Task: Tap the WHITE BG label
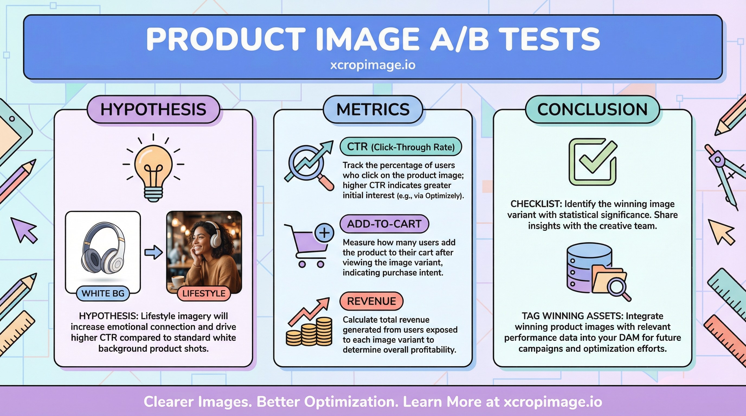click(x=103, y=293)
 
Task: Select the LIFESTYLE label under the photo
click(x=204, y=293)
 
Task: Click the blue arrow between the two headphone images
click(x=153, y=252)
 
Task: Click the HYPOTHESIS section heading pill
click(x=153, y=109)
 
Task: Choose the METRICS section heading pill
click(x=373, y=109)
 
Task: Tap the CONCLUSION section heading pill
click(x=592, y=109)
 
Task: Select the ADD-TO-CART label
click(x=384, y=224)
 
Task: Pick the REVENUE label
click(x=371, y=301)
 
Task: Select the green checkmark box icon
click(x=593, y=162)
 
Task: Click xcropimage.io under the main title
click(x=373, y=65)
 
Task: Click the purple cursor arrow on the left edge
click(x=25, y=230)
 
